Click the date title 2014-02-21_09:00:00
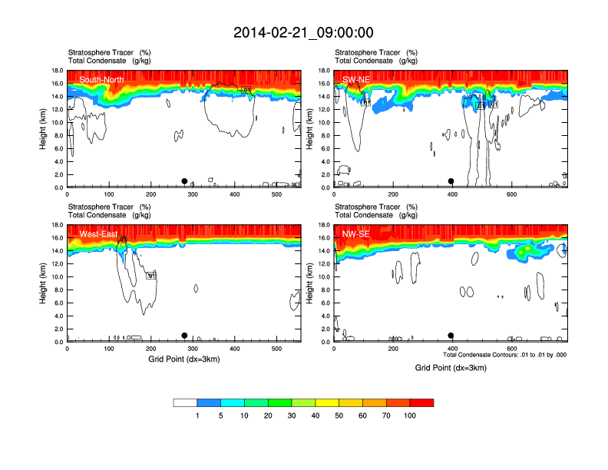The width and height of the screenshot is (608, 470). [x=303, y=32]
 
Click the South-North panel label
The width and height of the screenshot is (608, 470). [x=101, y=79]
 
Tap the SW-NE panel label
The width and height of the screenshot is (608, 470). [x=357, y=79]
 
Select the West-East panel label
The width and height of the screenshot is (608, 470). [x=98, y=233]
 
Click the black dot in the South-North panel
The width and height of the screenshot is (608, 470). [x=184, y=181]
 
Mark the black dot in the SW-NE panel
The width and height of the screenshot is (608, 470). [x=451, y=181]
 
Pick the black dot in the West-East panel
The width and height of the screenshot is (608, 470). [x=184, y=336]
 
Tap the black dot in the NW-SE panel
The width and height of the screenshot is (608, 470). [x=451, y=336]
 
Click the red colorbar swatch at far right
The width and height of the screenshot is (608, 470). [x=421, y=402]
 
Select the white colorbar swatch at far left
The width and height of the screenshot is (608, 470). [x=185, y=402]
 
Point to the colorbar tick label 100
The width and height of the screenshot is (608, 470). [x=410, y=415]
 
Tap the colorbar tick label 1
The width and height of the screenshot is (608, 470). [x=197, y=415]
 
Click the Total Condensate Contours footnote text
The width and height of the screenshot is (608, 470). [x=505, y=355]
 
